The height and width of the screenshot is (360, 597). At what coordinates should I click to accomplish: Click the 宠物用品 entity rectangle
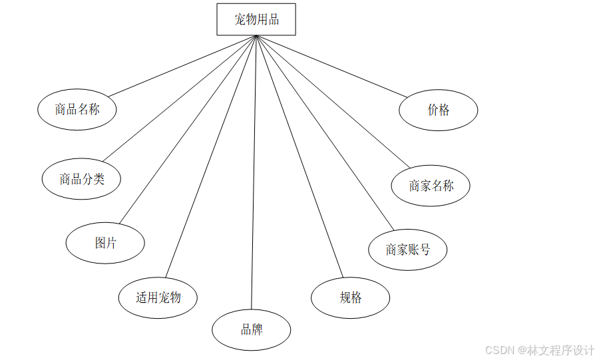point(256,19)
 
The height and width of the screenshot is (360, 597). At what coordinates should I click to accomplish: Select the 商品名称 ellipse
point(77,110)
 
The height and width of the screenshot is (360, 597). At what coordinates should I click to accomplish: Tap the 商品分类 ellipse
point(81,179)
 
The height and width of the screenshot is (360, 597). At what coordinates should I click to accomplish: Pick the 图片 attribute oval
point(105,243)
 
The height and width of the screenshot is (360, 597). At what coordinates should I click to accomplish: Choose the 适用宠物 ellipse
point(158,297)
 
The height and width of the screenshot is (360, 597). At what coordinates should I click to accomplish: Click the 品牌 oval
point(252,329)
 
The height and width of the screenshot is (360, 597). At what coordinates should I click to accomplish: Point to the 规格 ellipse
point(350,297)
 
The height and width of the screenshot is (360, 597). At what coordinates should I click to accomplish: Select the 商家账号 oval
point(407,250)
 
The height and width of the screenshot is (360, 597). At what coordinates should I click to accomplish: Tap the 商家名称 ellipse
point(431,186)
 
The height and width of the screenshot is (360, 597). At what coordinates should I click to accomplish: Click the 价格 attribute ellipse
point(439,110)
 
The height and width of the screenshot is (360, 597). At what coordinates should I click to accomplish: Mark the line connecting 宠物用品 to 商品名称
point(182,66)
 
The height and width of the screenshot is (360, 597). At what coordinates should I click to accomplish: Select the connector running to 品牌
point(254,173)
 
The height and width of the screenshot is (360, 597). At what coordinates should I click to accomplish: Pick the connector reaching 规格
point(299,156)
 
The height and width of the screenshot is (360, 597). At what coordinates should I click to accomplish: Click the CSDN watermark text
point(539,350)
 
